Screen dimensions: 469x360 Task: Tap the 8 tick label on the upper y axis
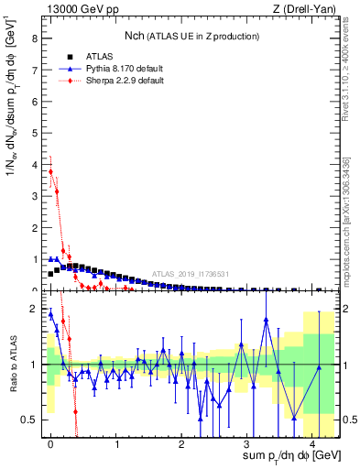(34, 39)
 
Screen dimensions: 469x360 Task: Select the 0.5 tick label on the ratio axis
(30, 420)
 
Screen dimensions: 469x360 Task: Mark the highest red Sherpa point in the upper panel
(51, 171)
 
